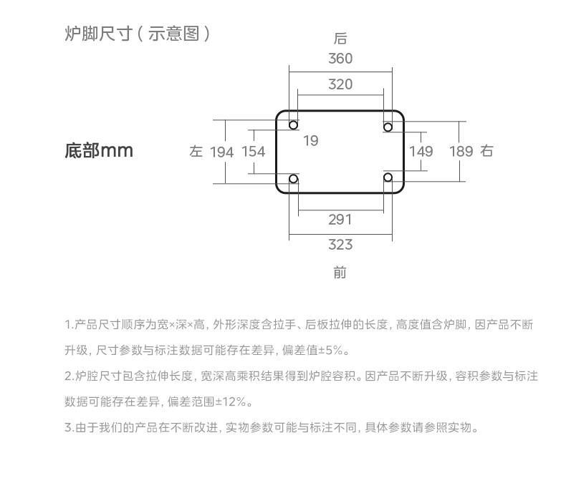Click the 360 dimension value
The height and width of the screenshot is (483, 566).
(x=340, y=59)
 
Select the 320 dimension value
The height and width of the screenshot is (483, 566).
(x=340, y=84)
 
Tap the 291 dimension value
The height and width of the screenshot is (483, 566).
(x=340, y=220)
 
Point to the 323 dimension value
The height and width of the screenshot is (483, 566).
(x=340, y=245)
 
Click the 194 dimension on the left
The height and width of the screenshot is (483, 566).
(x=222, y=152)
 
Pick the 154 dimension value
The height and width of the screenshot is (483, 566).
(x=253, y=152)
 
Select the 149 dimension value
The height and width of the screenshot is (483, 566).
(x=421, y=152)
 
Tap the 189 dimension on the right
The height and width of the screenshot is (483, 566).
(x=461, y=152)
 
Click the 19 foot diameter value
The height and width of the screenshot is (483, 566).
(x=310, y=141)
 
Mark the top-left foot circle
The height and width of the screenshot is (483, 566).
(x=294, y=126)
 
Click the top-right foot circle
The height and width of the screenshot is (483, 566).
(x=388, y=127)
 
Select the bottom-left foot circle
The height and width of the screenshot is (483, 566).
(x=294, y=178)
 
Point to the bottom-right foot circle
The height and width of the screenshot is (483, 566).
(x=388, y=177)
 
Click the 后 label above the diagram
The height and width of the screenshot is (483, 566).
(x=340, y=38)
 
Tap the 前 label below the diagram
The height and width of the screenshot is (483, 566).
(x=340, y=273)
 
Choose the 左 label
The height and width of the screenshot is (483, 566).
(x=196, y=152)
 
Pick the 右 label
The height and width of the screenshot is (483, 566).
(x=487, y=152)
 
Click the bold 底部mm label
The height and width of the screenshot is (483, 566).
(x=99, y=151)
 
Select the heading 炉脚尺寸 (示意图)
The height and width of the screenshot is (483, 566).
(x=137, y=34)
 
